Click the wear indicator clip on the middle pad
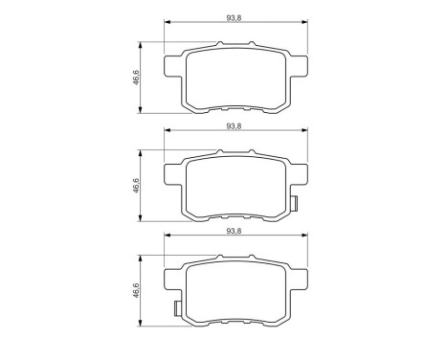[x=295, y=203]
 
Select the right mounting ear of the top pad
[x=300, y=67]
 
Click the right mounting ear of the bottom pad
[x=300, y=281]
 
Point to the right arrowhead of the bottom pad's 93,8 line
[x=305, y=238]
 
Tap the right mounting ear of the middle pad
[x=300, y=175]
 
